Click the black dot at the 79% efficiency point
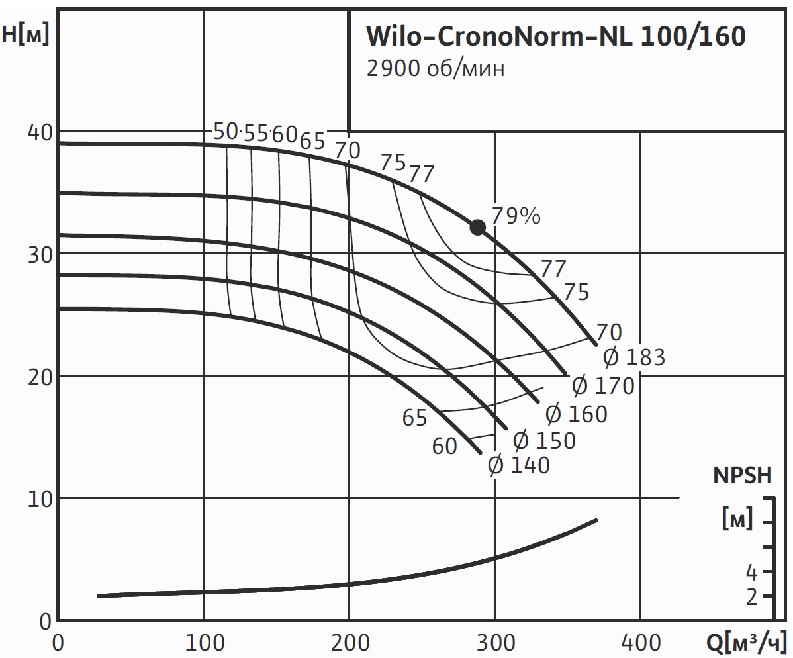[477, 227]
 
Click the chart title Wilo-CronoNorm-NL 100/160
[556, 37]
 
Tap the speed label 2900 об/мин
[436, 69]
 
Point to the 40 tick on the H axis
[39, 132]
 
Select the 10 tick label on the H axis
[39, 498]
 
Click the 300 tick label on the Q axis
[494, 642]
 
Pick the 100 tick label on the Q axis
[203, 642]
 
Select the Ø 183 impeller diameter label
[634, 357]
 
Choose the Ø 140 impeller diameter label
[519, 465]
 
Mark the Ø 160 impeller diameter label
[576, 414]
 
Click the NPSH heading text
[742, 475]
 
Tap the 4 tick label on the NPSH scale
[751, 571]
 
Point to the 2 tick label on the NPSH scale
[751, 597]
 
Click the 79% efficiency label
[516, 216]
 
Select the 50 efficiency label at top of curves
[226, 132]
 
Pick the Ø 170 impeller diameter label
[603, 385]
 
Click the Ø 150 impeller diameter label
[544, 440]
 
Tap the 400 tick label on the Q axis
[639, 642]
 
